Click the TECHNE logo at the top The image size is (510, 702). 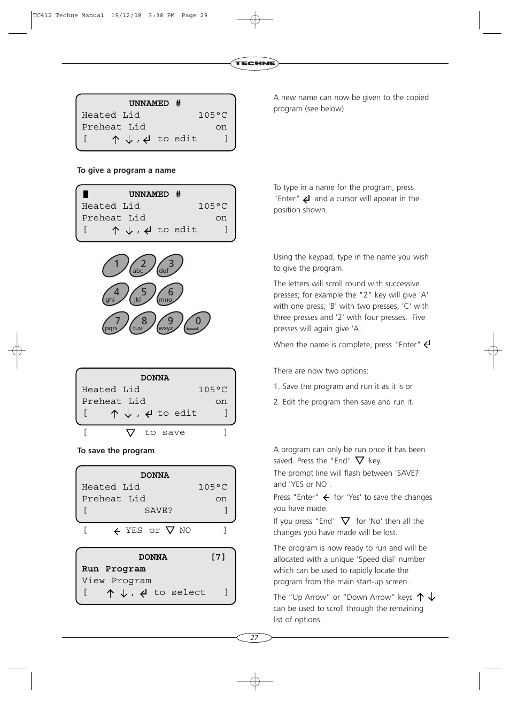pyautogui.click(x=254, y=63)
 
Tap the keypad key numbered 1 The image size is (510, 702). pyautogui.click(x=116, y=265)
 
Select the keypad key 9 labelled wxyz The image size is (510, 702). pyautogui.click(x=170, y=323)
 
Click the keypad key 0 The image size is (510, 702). pyautogui.click(x=197, y=323)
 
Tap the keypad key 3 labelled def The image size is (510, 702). pyautogui.click(x=170, y=265)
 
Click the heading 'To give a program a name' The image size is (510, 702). pyautogui.click(x=126, y=170)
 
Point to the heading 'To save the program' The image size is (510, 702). pyautogui.click(x=116, y=451)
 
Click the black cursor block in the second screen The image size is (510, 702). pyautogui.click(x=86, y=194)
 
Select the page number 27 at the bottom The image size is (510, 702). pyautogui.click(x=254, y=637)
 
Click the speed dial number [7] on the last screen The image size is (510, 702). pyautogui.click(x=218, y=557)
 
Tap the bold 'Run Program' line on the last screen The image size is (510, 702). pyautogui.click(x=114, y=569)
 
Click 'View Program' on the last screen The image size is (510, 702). pyautogui.click(x=117, y=581)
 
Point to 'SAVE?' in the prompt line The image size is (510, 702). pyautogui.click(x=158, y=510)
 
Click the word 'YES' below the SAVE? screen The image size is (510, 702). pyautogui.click(x=134, y=530)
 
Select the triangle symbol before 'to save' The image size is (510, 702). pyautogui.click(x=130, y=433)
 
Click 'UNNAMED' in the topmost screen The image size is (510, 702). pyautogui.click(x=149, y=103)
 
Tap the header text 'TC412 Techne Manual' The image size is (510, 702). pyautogui.click(x=68, y=16)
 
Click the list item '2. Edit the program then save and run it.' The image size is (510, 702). pyautogui.click(x=343, y=402)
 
